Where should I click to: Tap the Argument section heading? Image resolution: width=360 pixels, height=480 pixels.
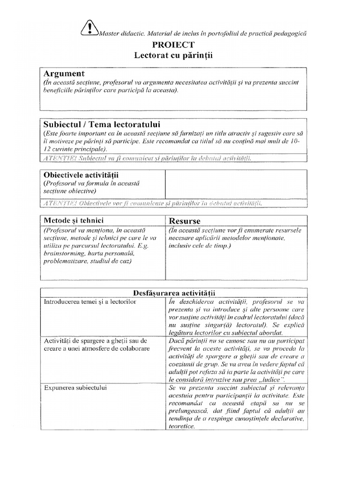[64, 74]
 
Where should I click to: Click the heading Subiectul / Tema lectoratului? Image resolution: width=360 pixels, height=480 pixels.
[102, 125]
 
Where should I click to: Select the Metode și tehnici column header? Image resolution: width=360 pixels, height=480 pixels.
[74, 220]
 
